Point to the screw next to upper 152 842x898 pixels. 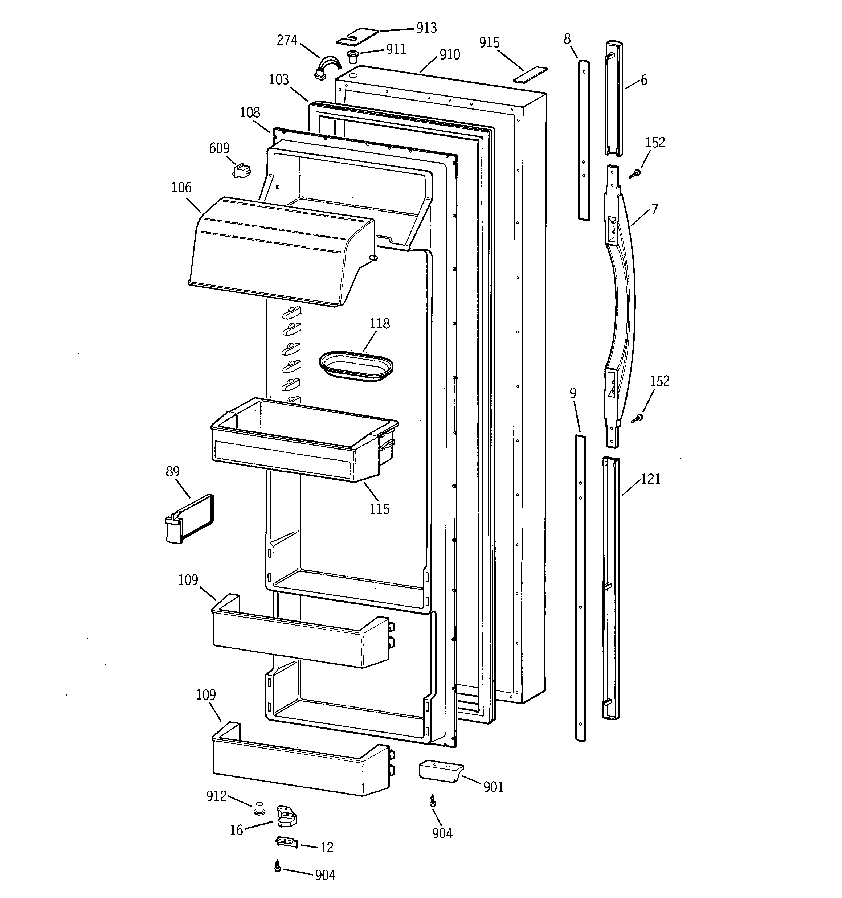(636, 173)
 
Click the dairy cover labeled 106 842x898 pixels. (280, 251)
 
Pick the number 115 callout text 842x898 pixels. (379, 509)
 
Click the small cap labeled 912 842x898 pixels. (259, 808)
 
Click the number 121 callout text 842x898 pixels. (650, 479)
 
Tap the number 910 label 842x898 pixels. (449, 55)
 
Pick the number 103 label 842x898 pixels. (279, 80)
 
